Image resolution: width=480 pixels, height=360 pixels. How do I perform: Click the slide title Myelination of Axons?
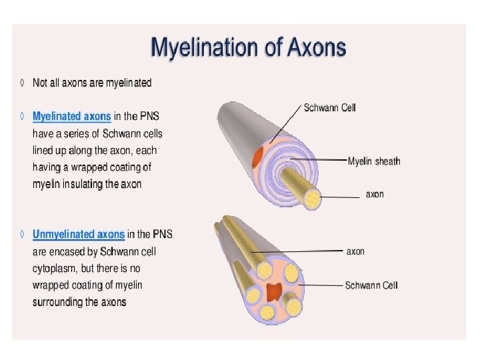coord(249,48)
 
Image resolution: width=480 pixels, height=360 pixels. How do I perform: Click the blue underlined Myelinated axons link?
coord(72,116)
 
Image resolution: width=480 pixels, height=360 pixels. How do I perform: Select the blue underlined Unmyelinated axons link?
coord(79,234)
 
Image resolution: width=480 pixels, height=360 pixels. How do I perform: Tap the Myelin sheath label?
coord(374,161)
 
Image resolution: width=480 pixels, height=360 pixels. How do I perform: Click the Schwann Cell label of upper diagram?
coord(329,107)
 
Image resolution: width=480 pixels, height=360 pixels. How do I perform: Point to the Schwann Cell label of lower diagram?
coord(371,285)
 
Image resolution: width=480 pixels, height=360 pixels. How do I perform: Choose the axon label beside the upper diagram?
coord(375,195)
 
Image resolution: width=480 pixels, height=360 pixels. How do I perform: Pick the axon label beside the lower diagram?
coord(355,251)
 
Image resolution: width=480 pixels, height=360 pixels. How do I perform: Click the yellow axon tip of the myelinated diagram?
coord(311,197)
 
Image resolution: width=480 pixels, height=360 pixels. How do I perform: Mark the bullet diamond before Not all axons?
coord(23,83)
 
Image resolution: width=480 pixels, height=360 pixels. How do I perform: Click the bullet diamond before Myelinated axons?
coord(23,116)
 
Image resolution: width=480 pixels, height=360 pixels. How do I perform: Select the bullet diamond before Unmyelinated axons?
coord(23,234)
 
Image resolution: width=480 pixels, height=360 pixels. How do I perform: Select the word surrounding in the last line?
coord(60,302)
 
